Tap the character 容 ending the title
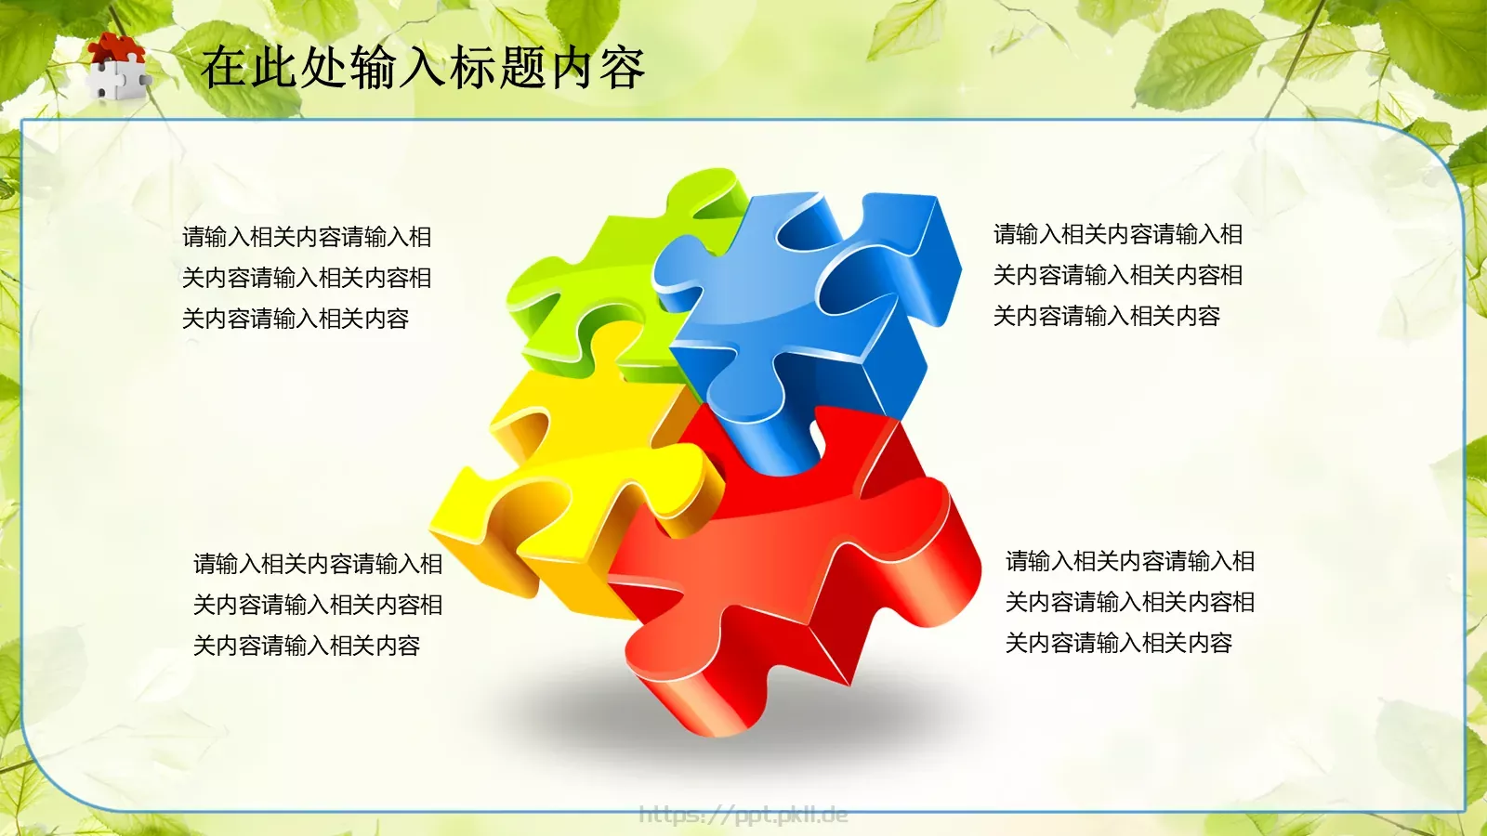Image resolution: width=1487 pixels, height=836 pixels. [x=622, y=68]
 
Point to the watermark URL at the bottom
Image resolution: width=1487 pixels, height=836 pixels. [x=743, y=815]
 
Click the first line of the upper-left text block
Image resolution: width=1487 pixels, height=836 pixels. [x=307, y=237]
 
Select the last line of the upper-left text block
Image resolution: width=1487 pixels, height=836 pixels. [x=296, y=319]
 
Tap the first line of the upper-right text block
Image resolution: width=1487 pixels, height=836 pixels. [x=1118, y=234]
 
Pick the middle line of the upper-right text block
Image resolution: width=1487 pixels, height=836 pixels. [x=1118, y=275]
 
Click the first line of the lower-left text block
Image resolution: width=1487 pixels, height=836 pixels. [x=318, y=564]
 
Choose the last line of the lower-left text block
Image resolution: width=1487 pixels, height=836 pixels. [x=307, y=646]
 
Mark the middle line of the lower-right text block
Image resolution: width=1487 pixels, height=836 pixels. [x=1130, y=602]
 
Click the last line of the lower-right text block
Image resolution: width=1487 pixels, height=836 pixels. [x=1119, y=643]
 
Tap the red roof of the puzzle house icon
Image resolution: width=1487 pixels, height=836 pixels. [x=116, y=47]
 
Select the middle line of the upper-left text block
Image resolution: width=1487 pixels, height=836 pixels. [x=307, y=278]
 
